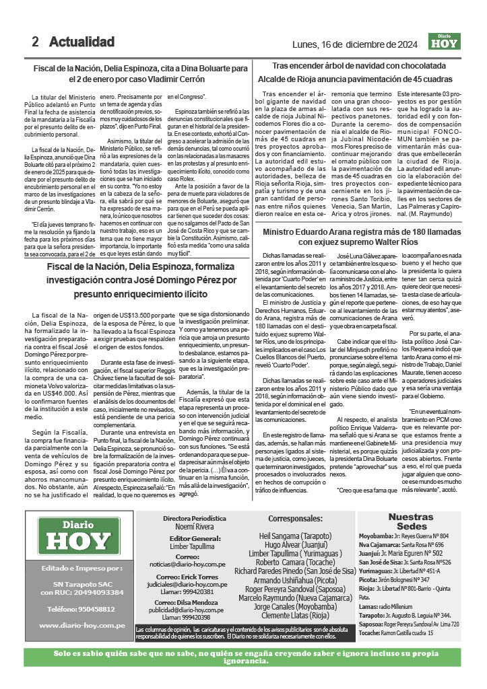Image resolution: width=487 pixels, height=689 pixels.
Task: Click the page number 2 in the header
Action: click(35, 42)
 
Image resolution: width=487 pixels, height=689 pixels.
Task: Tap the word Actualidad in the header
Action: click(82, 42)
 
